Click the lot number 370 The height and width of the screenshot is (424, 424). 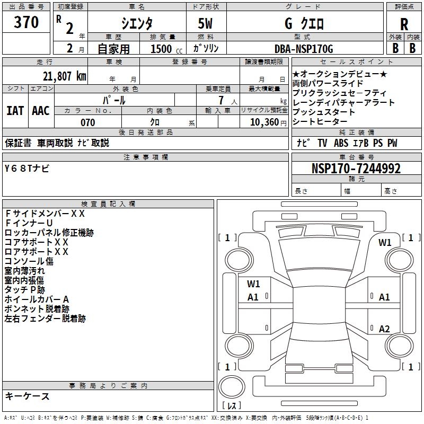coord(26,22)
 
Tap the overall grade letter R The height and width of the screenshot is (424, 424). coord(404,24)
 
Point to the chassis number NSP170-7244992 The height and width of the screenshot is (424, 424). coord(356,169)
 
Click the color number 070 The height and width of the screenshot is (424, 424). coord(87,122)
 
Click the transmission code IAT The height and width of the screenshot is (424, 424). coord(15,111)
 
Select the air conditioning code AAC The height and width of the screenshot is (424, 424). coord(41,111)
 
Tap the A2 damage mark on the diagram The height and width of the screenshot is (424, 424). coord(384,329)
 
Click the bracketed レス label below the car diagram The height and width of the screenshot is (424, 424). coord(232,406)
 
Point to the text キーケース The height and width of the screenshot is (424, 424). coord(28,396)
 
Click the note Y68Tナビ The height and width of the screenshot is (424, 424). coord(27,168)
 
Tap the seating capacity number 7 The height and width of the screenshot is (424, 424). coord(219,100)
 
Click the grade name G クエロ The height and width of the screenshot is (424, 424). coord(304,24)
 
